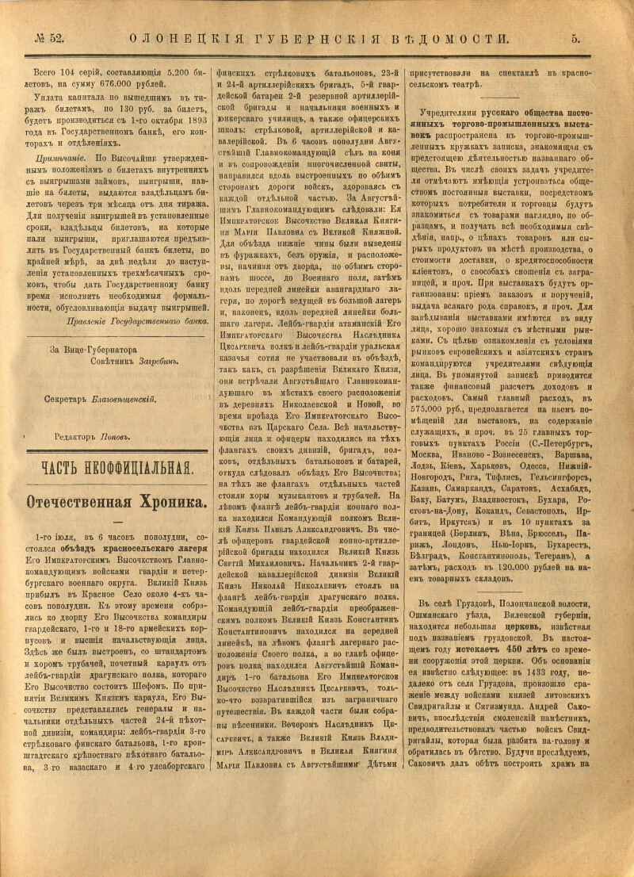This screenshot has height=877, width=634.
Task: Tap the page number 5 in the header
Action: click(x=576, y=37)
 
